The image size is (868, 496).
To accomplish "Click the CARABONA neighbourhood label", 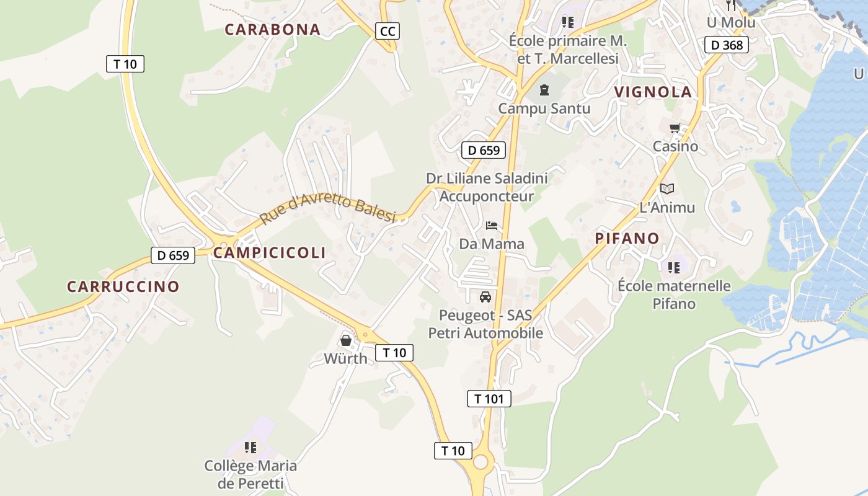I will pos(272,29).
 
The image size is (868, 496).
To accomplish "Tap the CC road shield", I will pos(387,31).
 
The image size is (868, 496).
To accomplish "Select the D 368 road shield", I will pos(727,45).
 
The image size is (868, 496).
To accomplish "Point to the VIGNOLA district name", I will pos(653,92).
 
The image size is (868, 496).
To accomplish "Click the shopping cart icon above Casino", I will pos(675,128).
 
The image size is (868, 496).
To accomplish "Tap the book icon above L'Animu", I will pos(666,188).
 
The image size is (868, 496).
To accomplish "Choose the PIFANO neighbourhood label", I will pos(627,238).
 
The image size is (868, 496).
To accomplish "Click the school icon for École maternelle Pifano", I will pos(674,268).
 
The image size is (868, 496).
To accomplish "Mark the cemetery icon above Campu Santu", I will pos(544,90).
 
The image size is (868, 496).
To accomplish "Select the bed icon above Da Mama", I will pos(492,226).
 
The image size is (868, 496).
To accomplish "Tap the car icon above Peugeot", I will pos(485,296).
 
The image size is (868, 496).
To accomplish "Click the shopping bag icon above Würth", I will pos(345,340).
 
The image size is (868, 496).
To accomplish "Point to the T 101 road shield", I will pos(489,399).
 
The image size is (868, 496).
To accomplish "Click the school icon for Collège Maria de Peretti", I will pos(250,447).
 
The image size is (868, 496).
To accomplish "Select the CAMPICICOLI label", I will pos(269,252).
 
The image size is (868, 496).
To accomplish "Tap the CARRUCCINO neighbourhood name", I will pos(123,286).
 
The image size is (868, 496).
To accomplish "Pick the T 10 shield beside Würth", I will pos(394,353).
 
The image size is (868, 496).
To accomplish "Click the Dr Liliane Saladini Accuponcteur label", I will pos(487,187).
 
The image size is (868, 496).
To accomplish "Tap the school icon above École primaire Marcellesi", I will pos(567,22).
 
